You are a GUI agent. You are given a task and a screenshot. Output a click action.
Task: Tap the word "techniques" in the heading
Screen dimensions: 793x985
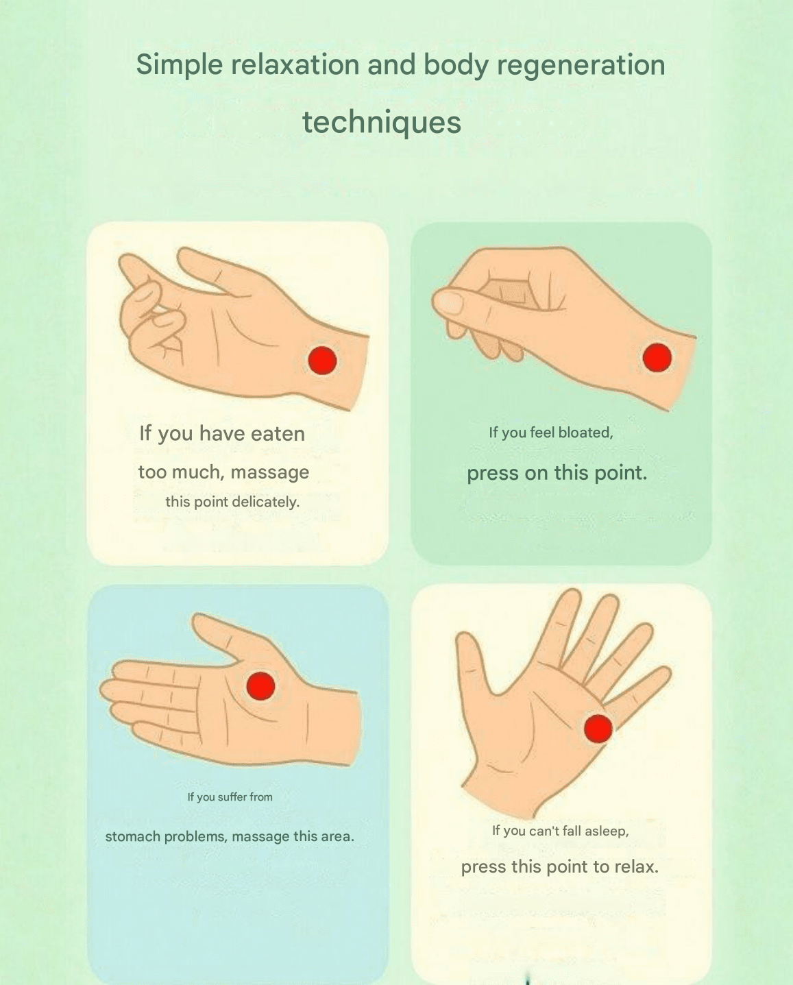(x=381, y=122)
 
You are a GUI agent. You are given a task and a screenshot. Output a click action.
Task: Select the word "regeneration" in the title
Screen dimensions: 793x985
(x=581, y=65)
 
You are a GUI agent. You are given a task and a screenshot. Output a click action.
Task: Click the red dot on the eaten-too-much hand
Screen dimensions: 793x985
(x=322, y=361)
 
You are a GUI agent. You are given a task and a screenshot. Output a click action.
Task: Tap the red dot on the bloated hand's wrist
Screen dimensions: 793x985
(x=657, y=358)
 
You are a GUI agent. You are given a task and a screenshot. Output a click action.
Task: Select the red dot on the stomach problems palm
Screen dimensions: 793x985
(x=260, y=686)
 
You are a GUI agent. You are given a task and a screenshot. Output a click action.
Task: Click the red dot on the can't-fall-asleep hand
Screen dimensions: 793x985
(x=598, y=729)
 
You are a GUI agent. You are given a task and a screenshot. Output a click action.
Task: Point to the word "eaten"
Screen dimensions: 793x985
(x=278, y=434)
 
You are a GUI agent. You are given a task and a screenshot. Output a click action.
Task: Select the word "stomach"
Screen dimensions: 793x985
(x=133, y=837)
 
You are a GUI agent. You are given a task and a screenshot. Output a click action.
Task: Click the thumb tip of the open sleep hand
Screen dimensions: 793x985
(x=463, y=636)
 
